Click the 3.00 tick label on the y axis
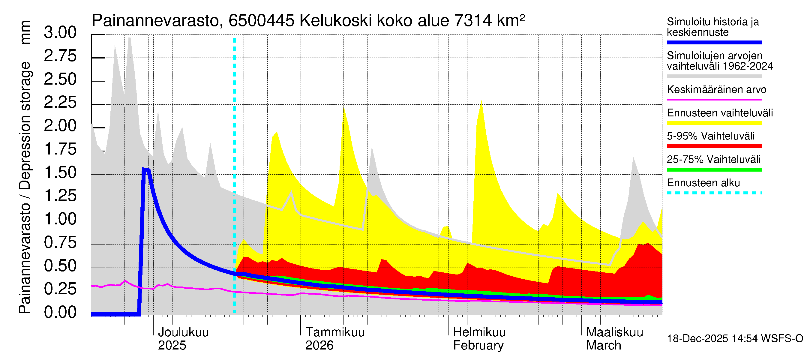[x=60, y=32]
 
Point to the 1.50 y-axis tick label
[x=60, y=172]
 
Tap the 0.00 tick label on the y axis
[x=60, y=312]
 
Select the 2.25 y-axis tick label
[x=60, y=103]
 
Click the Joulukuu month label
[x=183, y=332]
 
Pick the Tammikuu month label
[x=335, y=332]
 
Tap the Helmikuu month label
[x=479, y=332]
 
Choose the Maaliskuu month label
[x=615, y=332]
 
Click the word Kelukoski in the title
[x=335, y=21]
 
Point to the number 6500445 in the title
[x=261, y=21]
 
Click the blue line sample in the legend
[x=714, y=42]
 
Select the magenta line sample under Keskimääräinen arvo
[x=714, y=100]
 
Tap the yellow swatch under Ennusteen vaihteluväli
[x=714, y=123]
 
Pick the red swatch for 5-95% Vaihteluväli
[x=714, y=146]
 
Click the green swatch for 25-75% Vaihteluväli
[x=714, y=170]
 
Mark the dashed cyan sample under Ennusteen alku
[x=714, y=193]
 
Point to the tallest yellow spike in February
[x=481, y=101]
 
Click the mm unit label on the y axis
[x=25, y=32]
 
